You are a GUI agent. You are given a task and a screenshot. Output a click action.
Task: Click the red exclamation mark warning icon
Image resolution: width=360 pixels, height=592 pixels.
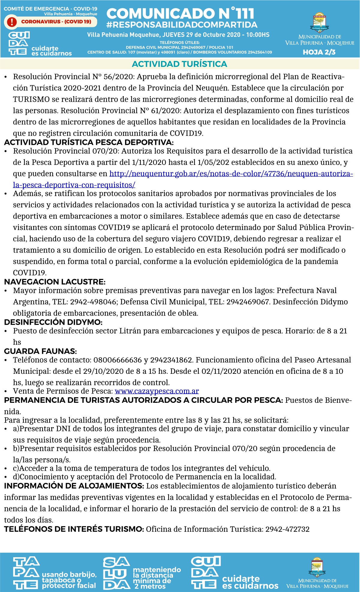point(12,22)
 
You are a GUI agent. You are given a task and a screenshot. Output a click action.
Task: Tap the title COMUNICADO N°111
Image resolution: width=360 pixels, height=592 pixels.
point(180,13)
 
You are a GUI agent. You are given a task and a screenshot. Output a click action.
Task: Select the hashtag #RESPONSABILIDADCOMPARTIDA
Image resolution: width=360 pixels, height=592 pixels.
point(182,25)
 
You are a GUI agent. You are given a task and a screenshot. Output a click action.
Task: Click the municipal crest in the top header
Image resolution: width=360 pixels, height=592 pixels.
point(320,23)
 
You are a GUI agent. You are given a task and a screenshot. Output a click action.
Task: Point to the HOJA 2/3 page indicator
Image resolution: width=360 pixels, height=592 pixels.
point(319,52)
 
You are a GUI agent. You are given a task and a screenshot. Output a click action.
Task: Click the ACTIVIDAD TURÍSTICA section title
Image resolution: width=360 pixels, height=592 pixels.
point(180,64)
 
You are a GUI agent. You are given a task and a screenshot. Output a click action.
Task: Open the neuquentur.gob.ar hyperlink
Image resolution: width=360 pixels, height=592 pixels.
point(231,174)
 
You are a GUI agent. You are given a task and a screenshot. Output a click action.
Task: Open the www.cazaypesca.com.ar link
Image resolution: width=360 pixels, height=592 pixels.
point(157,391)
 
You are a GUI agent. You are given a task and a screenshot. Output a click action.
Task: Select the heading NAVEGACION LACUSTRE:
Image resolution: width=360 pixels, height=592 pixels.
point(55,282)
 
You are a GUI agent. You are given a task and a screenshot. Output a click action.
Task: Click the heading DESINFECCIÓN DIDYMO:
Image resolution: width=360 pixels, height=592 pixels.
point(53,322)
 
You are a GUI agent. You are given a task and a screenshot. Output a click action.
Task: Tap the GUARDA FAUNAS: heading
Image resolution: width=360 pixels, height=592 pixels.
point(40,351)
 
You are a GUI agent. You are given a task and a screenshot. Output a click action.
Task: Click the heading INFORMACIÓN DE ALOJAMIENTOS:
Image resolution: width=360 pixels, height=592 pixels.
point(74,486)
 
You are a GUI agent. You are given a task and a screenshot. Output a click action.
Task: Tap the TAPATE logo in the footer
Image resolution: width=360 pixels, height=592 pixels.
point(26,573)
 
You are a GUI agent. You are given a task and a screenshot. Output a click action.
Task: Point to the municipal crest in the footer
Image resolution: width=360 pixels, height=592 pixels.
point(317,566)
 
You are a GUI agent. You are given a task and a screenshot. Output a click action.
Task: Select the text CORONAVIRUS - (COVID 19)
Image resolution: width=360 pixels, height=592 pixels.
point(56,22)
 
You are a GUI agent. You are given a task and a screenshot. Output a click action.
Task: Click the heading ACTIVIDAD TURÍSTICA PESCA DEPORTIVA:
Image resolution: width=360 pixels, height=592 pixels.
point(89,142)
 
